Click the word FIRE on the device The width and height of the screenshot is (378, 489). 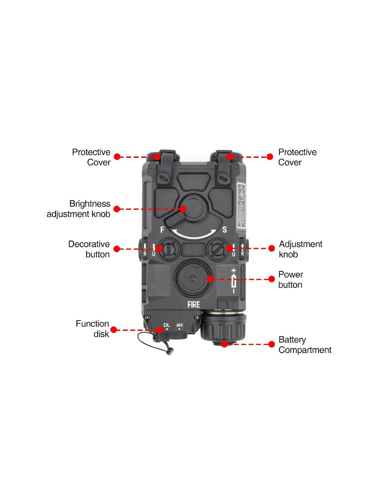pyautogui.click(x=193, y=304)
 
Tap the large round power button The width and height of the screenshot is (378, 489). pyautogui.click(x=193, y=278)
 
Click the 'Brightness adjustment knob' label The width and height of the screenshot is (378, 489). pyautogui.click(x=79, y=209)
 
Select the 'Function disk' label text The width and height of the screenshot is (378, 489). pyautogui.click(x=92, y=329)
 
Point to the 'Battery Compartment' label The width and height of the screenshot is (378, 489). pyautogui.click(x=305, y=345)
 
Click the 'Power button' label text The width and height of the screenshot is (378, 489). pyautogui.click(x=291, y=280)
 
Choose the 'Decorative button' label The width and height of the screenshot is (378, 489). pyautogui.click(x=89, y=249)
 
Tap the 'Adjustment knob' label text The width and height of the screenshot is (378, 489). pyautogui.click(x=300, y=249)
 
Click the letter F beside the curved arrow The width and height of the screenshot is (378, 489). pyautogui.click(x=163, y=229)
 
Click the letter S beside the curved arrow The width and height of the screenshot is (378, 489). pyautogui.click(x=224, y=229)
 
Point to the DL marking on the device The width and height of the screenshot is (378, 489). pyautogui.click(x=167, y=325)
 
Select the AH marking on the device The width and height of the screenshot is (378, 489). pyautogui.click(x=179, y=325)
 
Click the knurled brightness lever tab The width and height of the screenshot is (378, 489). pyautogui.click(x=175, y=219)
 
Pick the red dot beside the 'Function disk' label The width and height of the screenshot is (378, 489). pyautogui.click(x=114, y=330)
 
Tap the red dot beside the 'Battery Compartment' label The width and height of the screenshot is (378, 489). pyautogui.click(x=271, y=344)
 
